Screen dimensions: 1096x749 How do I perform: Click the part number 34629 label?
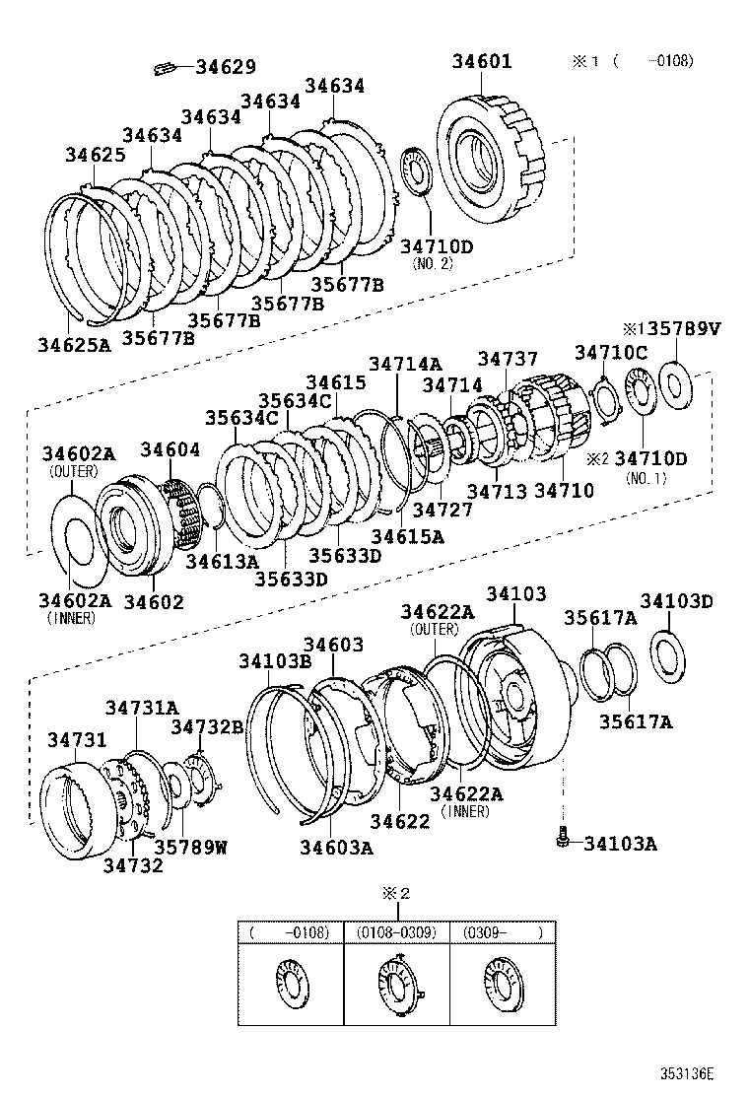(x=226, y=67)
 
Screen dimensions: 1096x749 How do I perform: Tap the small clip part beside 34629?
(x=166, y=68)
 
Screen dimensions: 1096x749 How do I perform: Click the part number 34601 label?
(x=482, y=61)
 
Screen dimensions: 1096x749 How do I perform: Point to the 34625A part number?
(x=75, y=345)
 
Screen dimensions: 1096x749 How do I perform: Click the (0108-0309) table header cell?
(x=396, y=931)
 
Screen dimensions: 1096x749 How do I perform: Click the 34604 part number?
(x=170, y=450)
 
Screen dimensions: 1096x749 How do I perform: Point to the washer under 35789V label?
(x=677, y=383)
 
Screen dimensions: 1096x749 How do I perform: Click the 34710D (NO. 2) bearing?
(x=418, y=174)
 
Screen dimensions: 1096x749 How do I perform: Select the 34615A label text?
(x=407, y=536)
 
